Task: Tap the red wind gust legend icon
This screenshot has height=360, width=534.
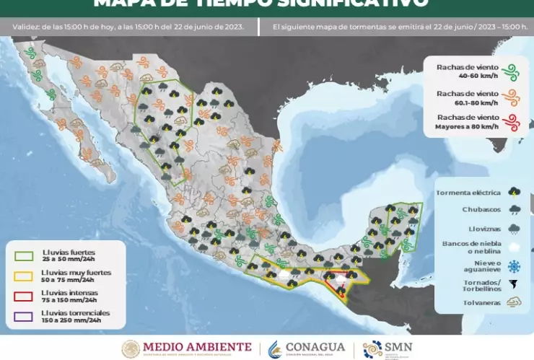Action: click(511, 121)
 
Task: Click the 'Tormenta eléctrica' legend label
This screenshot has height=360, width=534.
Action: click(468, 193)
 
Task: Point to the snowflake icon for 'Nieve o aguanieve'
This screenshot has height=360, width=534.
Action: click(513, 265)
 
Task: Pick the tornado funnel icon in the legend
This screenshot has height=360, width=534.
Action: click(513, 284)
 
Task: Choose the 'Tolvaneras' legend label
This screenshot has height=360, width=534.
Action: click(481, 303)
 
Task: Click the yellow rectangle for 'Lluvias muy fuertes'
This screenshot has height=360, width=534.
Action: click(23, 276)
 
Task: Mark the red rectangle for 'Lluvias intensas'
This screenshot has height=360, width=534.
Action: click(23, 296)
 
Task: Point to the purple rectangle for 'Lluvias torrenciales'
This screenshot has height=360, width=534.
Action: click(23, 316)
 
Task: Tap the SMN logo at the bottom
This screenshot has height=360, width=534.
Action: click(388, 348)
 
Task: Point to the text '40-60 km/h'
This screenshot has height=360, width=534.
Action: click(466, 75)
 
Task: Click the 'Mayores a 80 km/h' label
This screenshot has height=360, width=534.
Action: click(466, 126)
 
